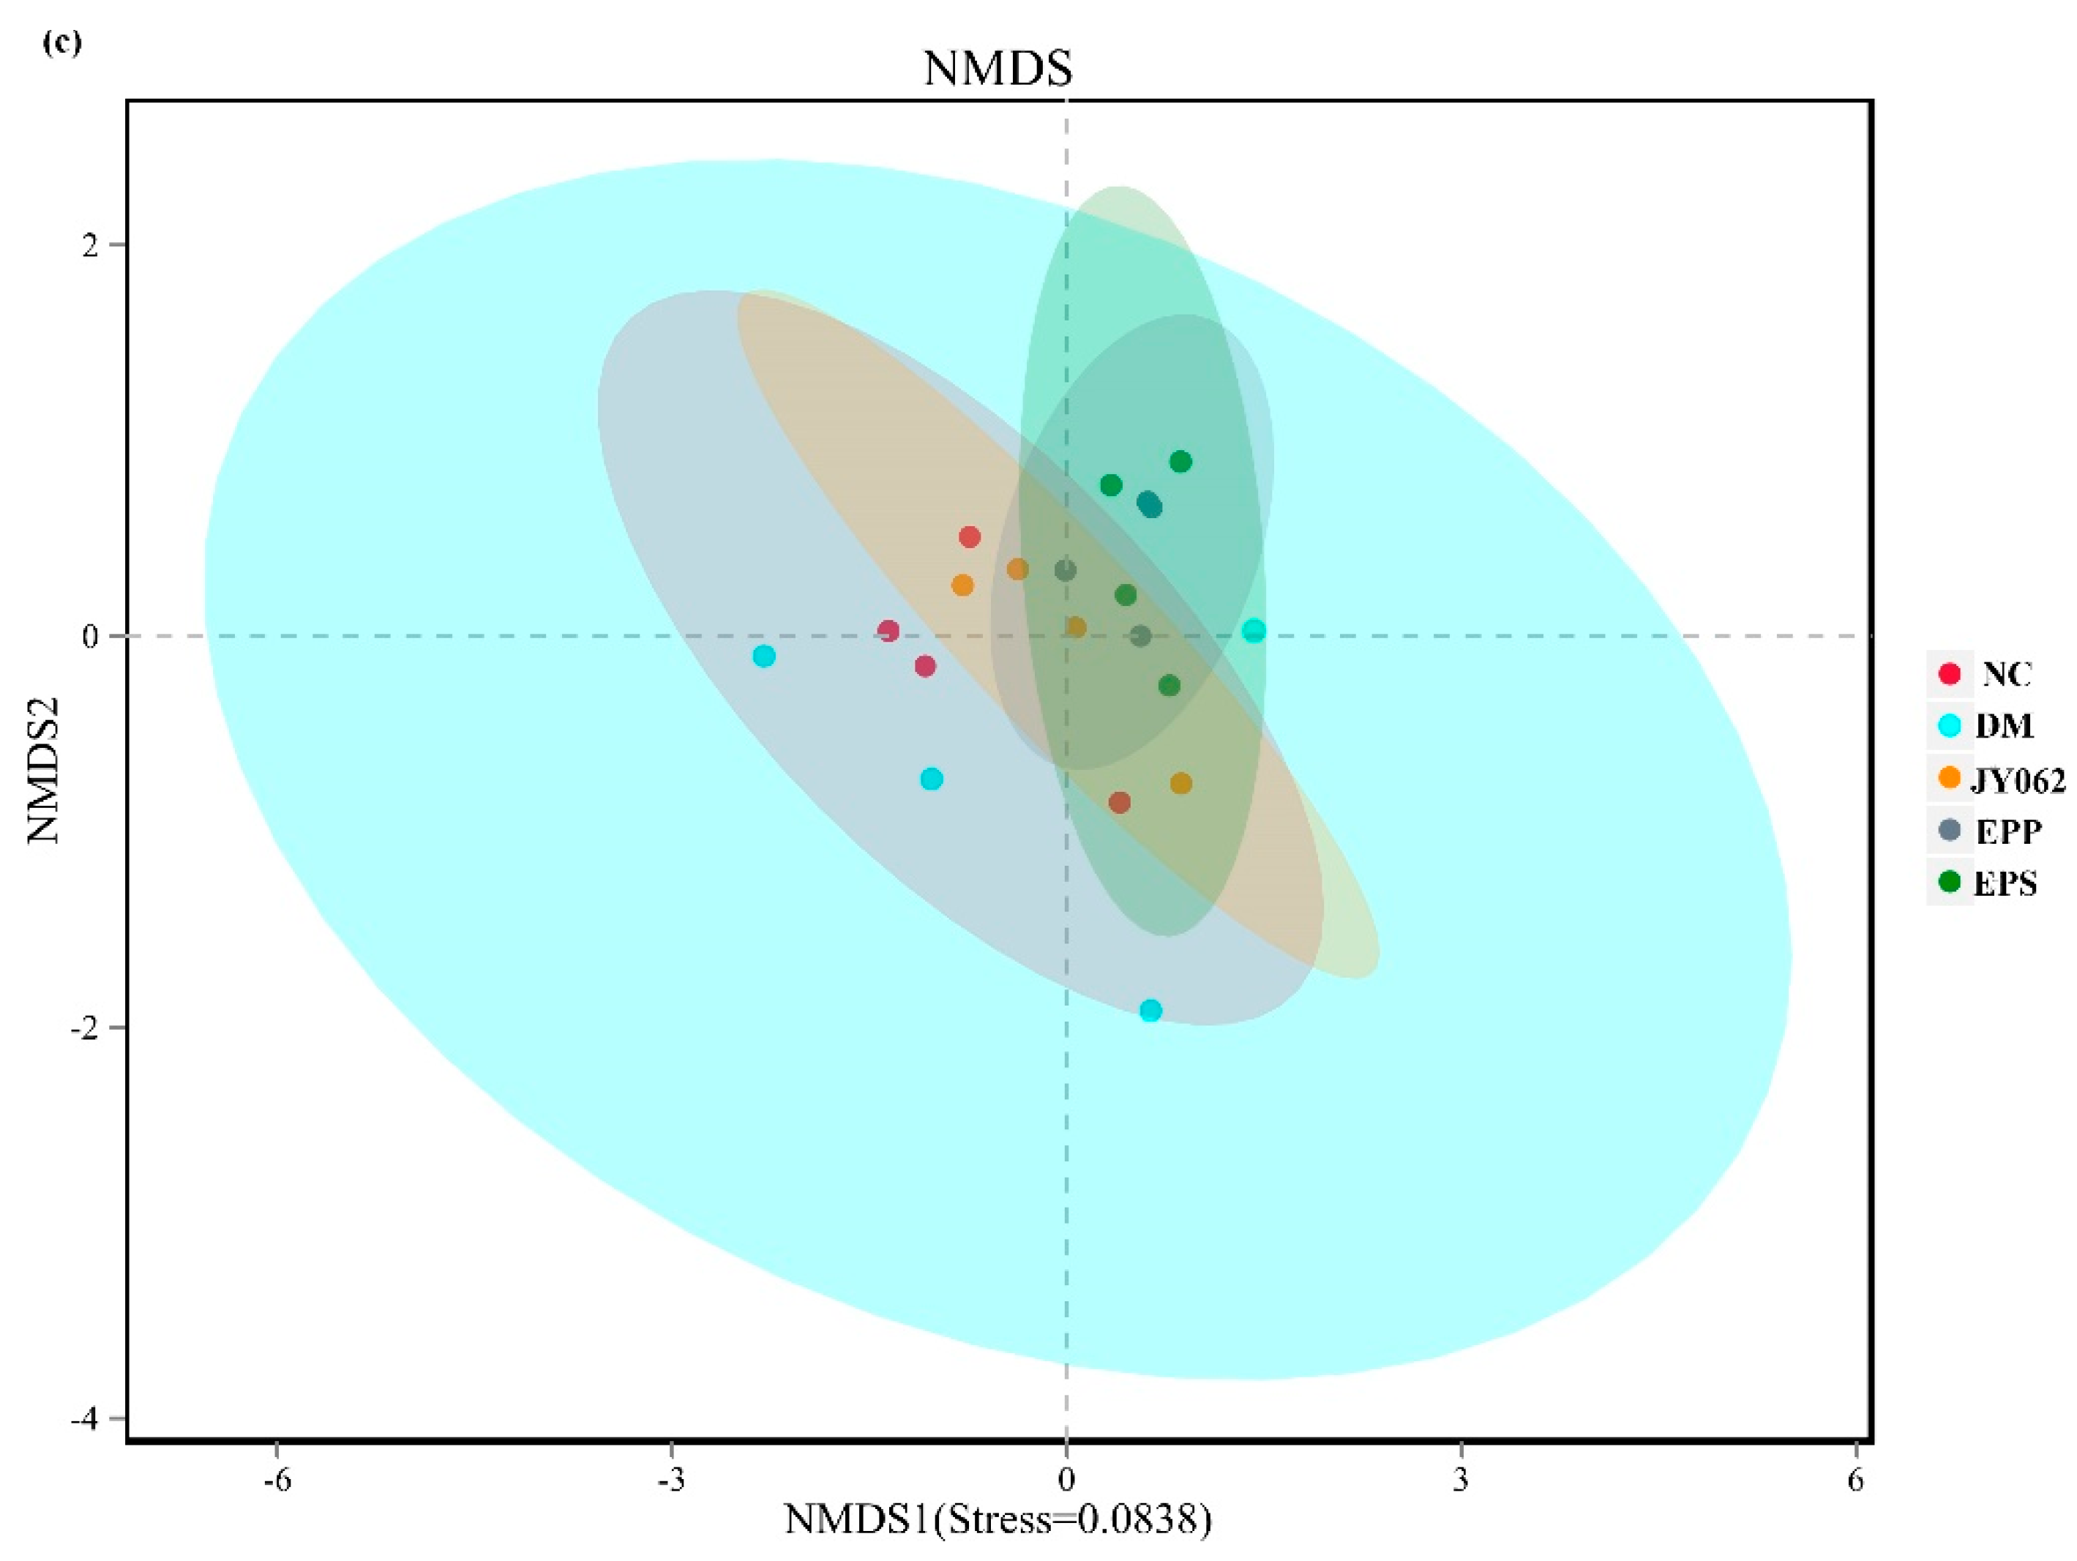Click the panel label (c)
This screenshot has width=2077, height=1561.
(62, 43)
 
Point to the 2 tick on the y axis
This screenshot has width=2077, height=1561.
(90, 246)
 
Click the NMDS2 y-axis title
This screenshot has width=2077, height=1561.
(43, 770)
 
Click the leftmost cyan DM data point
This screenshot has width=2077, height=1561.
(764, 656)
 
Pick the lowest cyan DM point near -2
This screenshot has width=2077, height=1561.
(1150, 1011)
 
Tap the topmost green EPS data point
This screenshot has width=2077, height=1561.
(1180, 462)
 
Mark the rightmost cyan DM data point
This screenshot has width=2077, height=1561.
(1254, 631)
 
